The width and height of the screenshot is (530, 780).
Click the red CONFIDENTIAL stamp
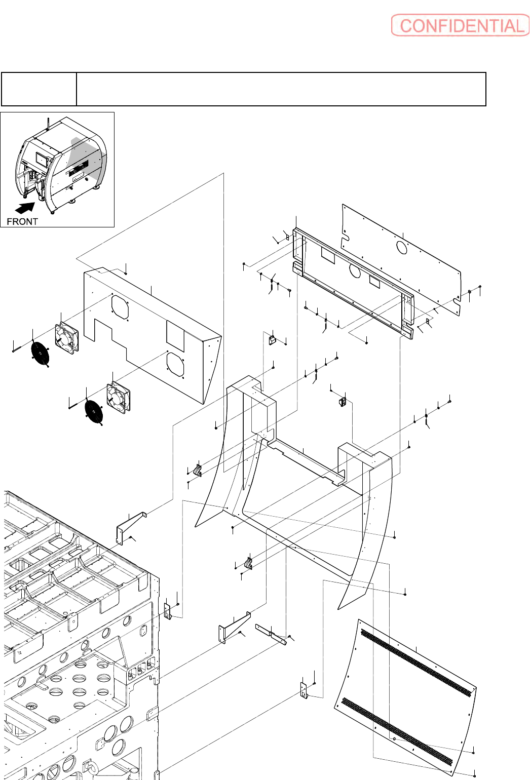pos(460,25)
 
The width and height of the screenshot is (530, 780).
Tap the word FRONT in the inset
pos(22,221)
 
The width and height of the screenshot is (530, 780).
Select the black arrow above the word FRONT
pos(25,208)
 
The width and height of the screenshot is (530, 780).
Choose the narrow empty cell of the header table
pos(39,89)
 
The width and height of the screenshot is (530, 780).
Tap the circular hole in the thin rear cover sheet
pos(402,247)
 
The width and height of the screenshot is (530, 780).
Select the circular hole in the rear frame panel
pos(355,270)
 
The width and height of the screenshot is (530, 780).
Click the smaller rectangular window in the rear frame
pos(374,281)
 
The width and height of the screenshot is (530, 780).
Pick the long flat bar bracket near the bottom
pos(271,635)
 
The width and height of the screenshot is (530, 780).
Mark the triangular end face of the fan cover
pos(212,370)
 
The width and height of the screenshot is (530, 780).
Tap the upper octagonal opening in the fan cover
pos(120,306)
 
